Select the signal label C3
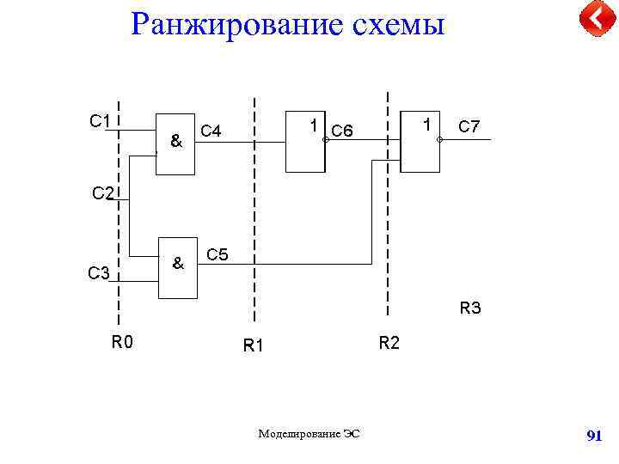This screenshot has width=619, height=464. tap(99, 273)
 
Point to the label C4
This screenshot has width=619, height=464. tap(211, 131)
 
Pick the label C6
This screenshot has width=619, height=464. tap(342, 131)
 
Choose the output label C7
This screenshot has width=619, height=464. tap(469, 127)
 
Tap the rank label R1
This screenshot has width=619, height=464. tap(253, 346)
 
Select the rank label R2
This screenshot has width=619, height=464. tap(389, 343)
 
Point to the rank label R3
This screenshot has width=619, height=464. tap(470, 307)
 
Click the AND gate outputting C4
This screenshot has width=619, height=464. tap(175, 142)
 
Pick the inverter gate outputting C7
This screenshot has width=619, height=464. tap(420, 141)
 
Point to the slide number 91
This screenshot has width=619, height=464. tap(593, 436)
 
